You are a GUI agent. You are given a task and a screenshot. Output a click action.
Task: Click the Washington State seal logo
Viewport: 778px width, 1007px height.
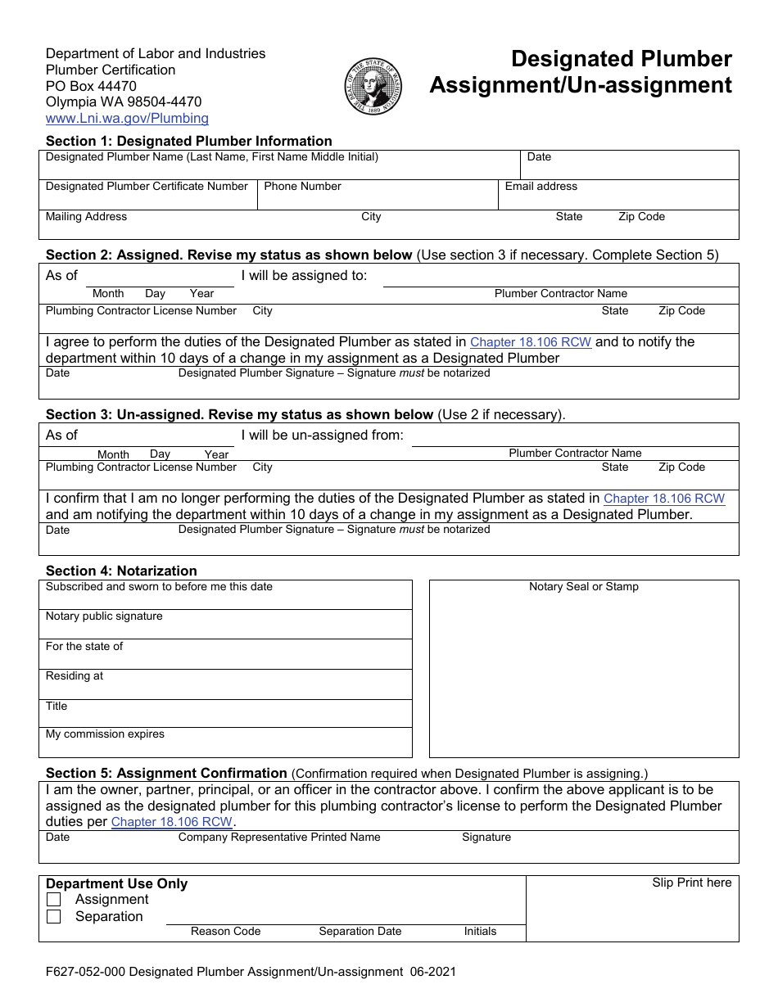[x=374, y=87]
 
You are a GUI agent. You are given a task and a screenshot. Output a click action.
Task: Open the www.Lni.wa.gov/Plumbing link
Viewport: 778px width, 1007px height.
[x=127, y=119]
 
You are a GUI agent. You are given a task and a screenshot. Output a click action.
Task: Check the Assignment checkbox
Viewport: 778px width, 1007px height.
[x=54, y=900]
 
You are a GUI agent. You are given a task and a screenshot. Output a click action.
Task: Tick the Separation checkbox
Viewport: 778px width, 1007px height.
[x=54, y=917]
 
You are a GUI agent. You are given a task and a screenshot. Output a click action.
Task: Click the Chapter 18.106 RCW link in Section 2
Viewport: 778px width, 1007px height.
[x=531, y=342]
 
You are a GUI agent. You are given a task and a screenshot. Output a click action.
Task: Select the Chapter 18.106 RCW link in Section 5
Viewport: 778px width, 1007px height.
[x=172, y=822]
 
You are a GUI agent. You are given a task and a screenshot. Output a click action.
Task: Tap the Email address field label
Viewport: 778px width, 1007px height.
[x=541, y=187]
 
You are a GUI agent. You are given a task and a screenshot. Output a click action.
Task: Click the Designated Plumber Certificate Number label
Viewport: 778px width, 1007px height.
[x=147, y=187]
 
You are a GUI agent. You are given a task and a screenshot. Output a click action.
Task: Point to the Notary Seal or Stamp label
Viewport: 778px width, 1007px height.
[x=583, y=587]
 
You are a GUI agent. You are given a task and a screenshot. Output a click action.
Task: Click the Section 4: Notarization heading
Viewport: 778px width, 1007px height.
[x=121, y=571]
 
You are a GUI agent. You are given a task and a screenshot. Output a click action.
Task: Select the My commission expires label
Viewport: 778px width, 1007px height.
[x=105, y=734]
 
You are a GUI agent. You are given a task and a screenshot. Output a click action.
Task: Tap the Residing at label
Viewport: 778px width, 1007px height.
[x=75, y=676]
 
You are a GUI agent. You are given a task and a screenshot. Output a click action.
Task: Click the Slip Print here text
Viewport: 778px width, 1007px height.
[x=691, y=883]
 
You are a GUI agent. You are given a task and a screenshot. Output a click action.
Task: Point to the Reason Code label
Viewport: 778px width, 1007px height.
[x=225, y=932]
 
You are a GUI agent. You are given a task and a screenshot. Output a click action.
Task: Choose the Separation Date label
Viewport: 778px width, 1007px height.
[x=360, y=932]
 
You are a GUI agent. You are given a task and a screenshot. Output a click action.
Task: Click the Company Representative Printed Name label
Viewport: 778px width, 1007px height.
[x=279, y=838]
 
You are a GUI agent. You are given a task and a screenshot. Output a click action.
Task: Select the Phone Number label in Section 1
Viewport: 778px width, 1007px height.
[x=302, y=187]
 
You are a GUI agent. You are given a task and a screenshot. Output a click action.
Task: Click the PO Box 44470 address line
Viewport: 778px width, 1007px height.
[x=91, y=86]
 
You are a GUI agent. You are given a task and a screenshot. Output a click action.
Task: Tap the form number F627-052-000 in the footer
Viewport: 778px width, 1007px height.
[x=85, y=973]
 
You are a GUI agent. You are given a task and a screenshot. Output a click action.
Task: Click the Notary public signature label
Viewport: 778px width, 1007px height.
[x=104, y=616]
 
